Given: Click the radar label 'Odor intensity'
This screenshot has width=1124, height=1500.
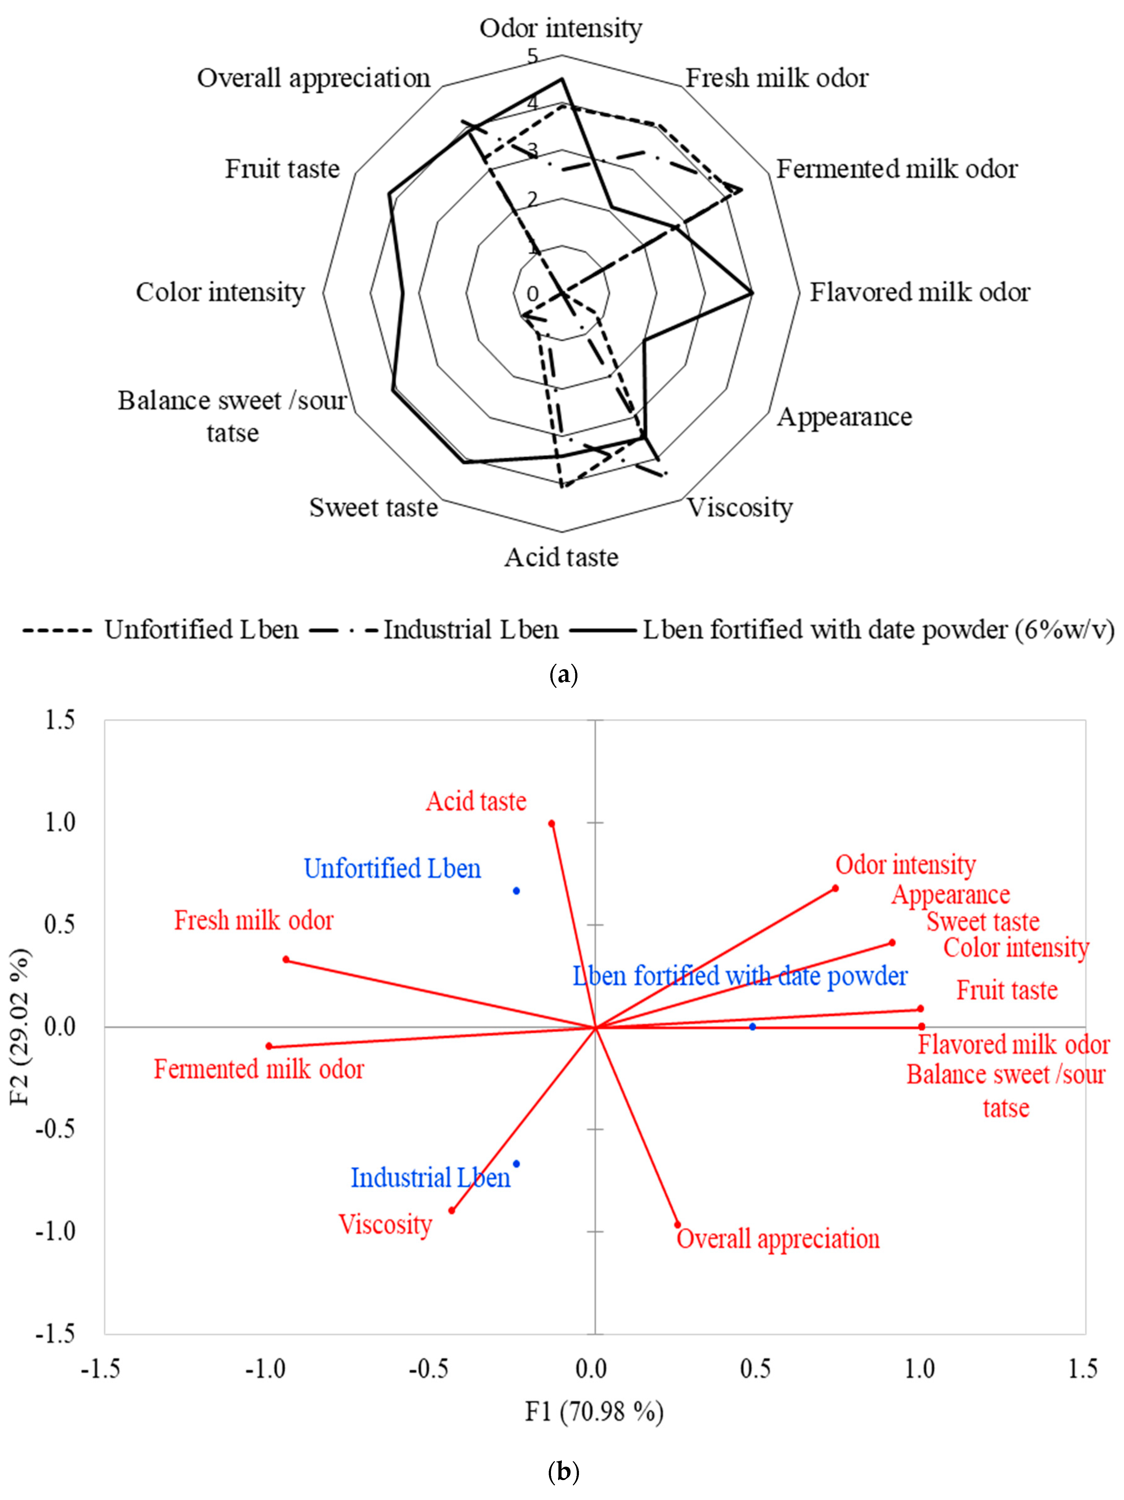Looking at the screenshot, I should click(x=561, y=29).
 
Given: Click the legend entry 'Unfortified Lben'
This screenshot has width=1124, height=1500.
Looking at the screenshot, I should click(x=201, y=630).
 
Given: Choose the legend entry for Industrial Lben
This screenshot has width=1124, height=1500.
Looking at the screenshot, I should click(x=470, y=630).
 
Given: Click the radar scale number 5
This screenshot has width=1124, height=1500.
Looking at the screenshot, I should click(x=533, y=56).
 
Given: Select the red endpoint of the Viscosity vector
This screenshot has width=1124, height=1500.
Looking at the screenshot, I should click(x=451, y=1211).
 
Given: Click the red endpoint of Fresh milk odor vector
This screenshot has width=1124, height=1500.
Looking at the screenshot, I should click(x=286, y=960).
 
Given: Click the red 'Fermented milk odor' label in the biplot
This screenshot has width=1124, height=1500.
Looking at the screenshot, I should click(x=259, y=1070).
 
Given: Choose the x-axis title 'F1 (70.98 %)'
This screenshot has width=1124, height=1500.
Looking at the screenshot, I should click(x=595, y=1412).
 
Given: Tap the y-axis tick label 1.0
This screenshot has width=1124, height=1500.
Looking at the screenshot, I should click(x=60, y=823).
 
